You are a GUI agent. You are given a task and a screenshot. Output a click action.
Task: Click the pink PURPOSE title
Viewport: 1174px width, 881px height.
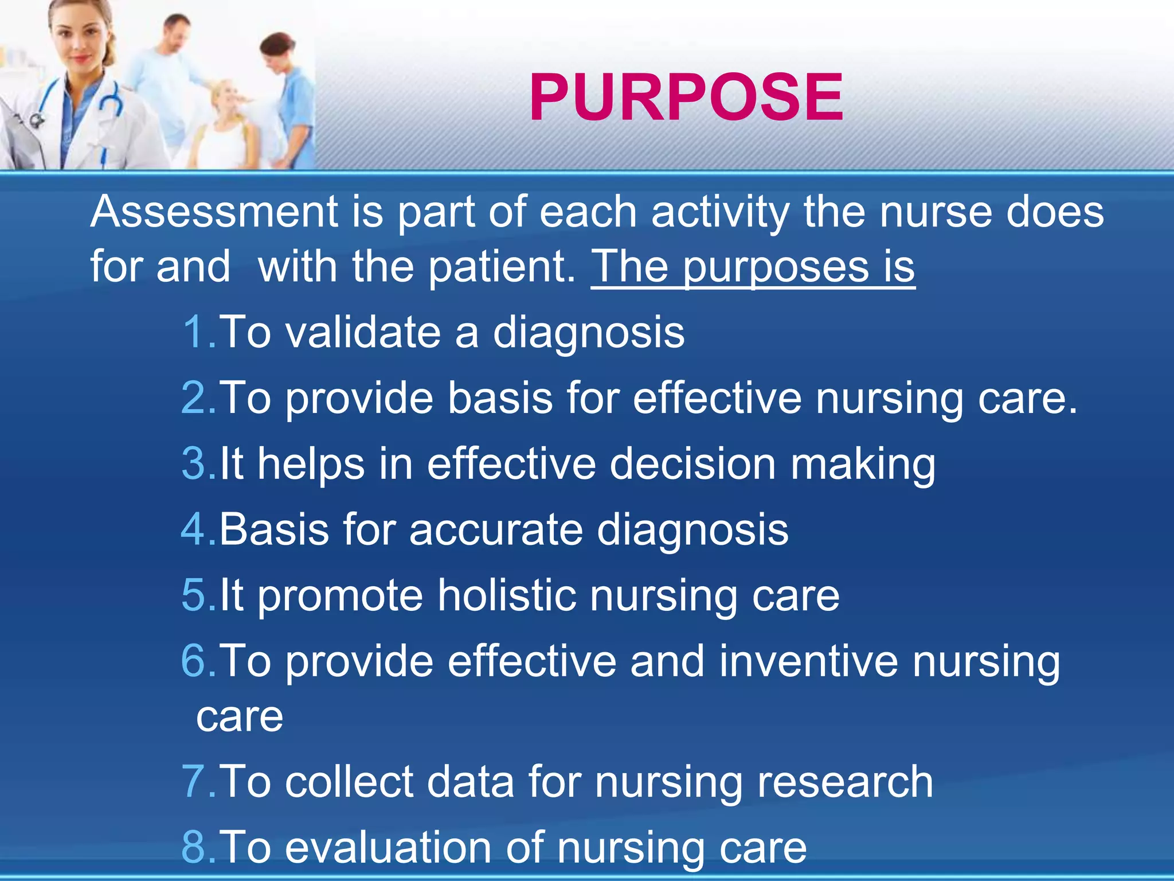pos(686,98)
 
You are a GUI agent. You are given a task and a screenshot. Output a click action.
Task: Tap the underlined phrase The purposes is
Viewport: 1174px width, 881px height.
pos(753,267)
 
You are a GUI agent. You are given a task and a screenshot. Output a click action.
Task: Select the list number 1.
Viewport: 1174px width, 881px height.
pos(195,332)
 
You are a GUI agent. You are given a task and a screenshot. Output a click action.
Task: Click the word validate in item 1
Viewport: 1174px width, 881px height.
pos(363,332)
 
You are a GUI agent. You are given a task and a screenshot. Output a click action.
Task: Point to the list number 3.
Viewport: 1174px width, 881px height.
pos(195,463)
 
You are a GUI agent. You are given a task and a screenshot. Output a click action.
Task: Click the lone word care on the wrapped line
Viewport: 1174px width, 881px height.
pos(240,717)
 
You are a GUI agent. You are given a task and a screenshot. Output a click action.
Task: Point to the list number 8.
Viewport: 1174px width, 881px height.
pos(195,847)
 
